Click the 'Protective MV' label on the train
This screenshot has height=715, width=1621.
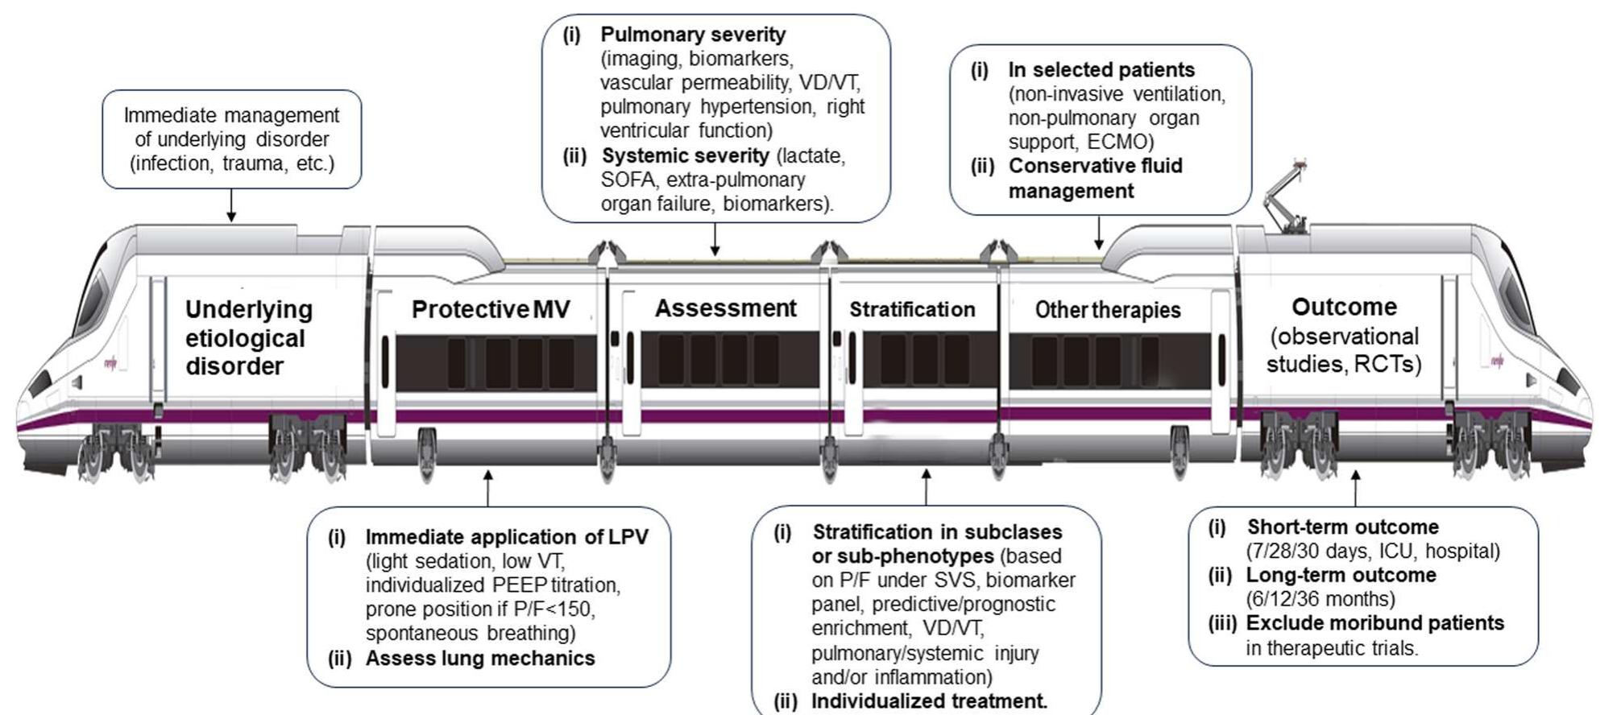click(491, 309)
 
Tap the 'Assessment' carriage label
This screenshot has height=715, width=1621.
click(725, 308)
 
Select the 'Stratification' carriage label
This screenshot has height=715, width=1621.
click(912, 310)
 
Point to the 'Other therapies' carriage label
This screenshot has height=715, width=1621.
click(1108, 310)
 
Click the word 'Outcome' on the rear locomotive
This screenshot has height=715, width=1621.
click(1344, 307)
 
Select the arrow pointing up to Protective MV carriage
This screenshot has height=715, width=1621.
click(487, 487)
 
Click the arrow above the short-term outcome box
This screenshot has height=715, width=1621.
click(1355, 487)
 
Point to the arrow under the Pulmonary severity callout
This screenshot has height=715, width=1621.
click(715, 239)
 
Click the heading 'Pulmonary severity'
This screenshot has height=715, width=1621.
click(693, 35)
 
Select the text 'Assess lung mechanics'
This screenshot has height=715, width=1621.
click(480, 658)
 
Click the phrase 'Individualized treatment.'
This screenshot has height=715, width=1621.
click(929, 701)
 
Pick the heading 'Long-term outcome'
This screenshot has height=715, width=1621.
click(1341, 575)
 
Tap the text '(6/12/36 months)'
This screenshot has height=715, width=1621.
click(1320, 599)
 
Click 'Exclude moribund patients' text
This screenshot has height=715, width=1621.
click(1374, 623)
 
